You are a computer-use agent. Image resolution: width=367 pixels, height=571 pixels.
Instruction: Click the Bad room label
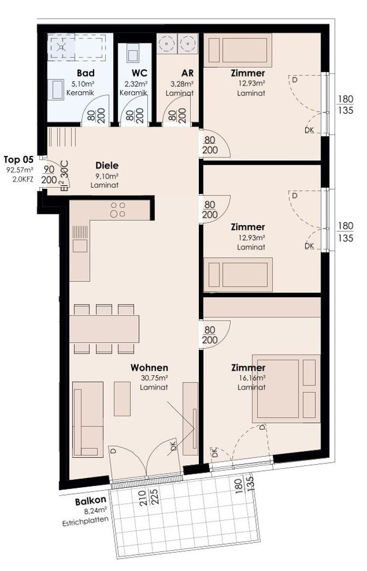[x=86, y=73]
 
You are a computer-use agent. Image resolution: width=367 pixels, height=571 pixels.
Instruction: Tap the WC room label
[x=139, y=73]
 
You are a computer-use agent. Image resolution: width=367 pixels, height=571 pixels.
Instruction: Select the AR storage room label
[x=187, y=73]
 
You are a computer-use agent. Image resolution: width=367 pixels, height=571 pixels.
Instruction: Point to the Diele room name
[x=107, y=165]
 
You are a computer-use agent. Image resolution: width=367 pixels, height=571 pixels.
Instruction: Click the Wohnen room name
[x=149, y=367]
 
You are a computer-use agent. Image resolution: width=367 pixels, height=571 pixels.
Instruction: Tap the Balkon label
[x=91, y=501]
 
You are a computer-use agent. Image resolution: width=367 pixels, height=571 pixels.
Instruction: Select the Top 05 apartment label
[x=18, y=160]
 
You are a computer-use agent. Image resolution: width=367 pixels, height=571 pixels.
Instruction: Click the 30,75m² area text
[x=154, y=378]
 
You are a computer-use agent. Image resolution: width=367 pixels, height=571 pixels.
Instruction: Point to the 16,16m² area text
[x=252, y=378]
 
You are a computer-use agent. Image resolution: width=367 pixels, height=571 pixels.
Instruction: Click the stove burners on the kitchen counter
[x=117, y=210]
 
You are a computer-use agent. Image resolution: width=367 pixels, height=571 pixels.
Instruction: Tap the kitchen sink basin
[x=80, y=246]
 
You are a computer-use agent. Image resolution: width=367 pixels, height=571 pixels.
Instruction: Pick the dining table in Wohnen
[x=105, y=329]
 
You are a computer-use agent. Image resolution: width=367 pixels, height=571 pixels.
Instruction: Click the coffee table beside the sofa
[x=122, y=399]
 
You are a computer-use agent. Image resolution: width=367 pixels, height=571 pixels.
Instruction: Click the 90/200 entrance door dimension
[x=49, y=175]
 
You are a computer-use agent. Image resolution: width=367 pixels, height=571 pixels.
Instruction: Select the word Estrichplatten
[x=85, y=521]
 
